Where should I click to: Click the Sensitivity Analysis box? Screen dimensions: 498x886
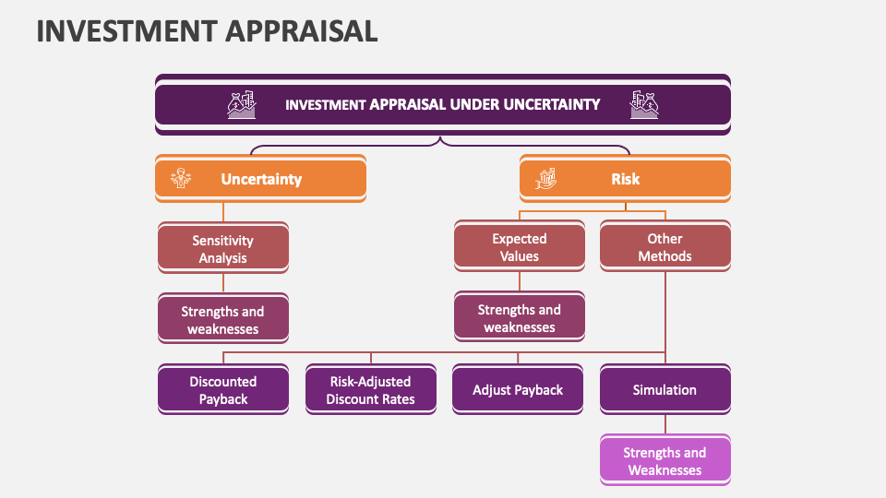(x=222, y=249)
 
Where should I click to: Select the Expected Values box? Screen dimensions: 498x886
(x=519, y=247)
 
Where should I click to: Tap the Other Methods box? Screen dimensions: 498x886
(x=664, y=247)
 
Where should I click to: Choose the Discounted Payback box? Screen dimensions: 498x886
(x=222, y=390)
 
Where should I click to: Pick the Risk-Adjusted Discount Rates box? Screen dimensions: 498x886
(x=370, y=390)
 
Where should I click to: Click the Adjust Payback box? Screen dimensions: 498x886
(x=518, y=390)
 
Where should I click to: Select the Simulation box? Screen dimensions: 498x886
(x=664, y=390)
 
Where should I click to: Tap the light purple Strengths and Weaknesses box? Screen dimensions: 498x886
(x=664, y=461)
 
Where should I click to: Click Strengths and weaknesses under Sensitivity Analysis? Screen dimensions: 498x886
(x=222, y=320)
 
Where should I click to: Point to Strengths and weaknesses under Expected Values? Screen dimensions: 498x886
(x=519, y=318)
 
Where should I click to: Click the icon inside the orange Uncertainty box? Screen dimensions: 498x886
(x=181, y=179)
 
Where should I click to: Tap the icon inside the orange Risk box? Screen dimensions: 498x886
(x=547, y=179)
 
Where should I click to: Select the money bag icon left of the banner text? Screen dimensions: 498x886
(x=240, y=105)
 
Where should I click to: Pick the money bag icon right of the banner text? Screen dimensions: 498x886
(x=644, y=105)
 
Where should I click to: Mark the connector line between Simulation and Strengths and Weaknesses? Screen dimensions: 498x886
(x=664, y=424)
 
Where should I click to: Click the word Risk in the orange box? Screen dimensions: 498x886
(x=625, y=179)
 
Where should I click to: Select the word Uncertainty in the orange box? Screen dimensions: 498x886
(x=261, y=179)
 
